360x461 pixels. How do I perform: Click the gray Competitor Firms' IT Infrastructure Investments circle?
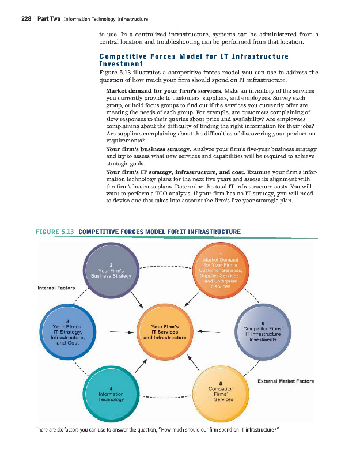(262, 332)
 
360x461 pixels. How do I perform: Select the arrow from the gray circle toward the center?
(209, 332)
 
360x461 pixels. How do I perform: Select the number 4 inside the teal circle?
(110, 387)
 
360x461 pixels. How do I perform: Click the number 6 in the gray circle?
(263, 323)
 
